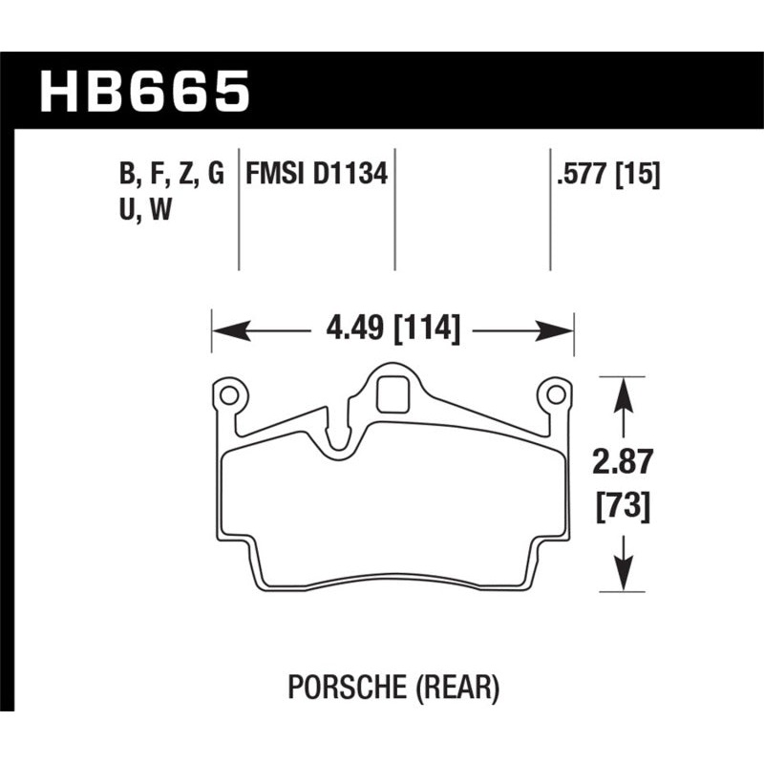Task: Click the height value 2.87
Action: (624, 463)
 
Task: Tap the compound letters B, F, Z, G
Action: (172, 175)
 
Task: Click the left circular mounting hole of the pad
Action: (229, 393)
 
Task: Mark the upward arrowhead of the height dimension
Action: (623, 392)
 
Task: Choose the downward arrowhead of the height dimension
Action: (623, 576)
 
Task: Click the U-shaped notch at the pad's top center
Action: (337, 444)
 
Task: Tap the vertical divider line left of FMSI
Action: (238, 210)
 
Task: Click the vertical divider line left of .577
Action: (550, 210)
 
